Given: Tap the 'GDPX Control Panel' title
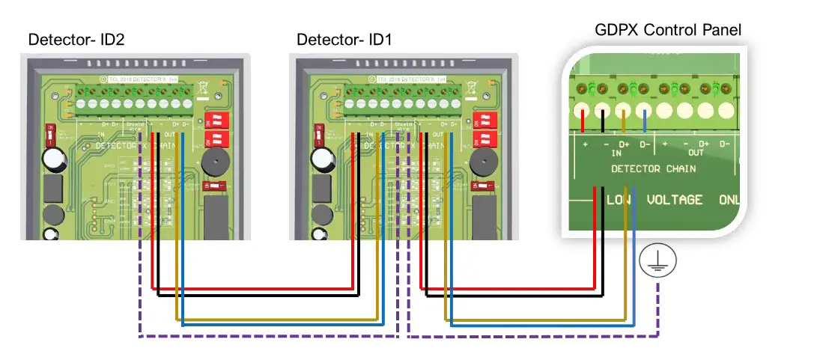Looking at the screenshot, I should point(667,30).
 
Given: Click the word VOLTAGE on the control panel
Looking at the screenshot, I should point(674,200).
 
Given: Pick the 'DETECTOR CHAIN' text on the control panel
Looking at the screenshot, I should point(654,168).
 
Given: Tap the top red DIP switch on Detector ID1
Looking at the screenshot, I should point(485,120).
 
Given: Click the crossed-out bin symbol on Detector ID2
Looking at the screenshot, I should point(203,88).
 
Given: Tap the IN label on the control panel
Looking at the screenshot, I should point(616,152).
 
